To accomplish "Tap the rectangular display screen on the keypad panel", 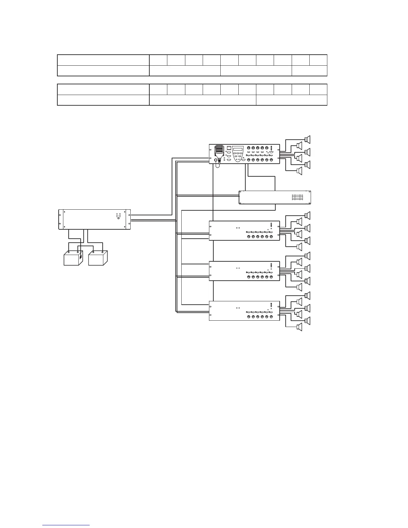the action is pyautogui.click(x=238, y=149).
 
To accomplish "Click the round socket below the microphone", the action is pyautogui.click(x=216, y=160).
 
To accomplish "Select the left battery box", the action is pyautogui.click(x=73, y=258).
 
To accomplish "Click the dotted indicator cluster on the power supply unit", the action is pyautogui.click(x=118, y=216).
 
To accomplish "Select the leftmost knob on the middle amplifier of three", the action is pyautogui.click(x=249, y=277).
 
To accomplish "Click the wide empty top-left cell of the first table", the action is pyautogui.click(x=103, y=60).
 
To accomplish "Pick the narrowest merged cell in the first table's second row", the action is pyautogui.click(x=309, y=71).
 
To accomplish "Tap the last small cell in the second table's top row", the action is pyautogui.click(x=318, y=89).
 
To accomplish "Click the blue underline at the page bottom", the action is pyautogui.click(x=66, y=525).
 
